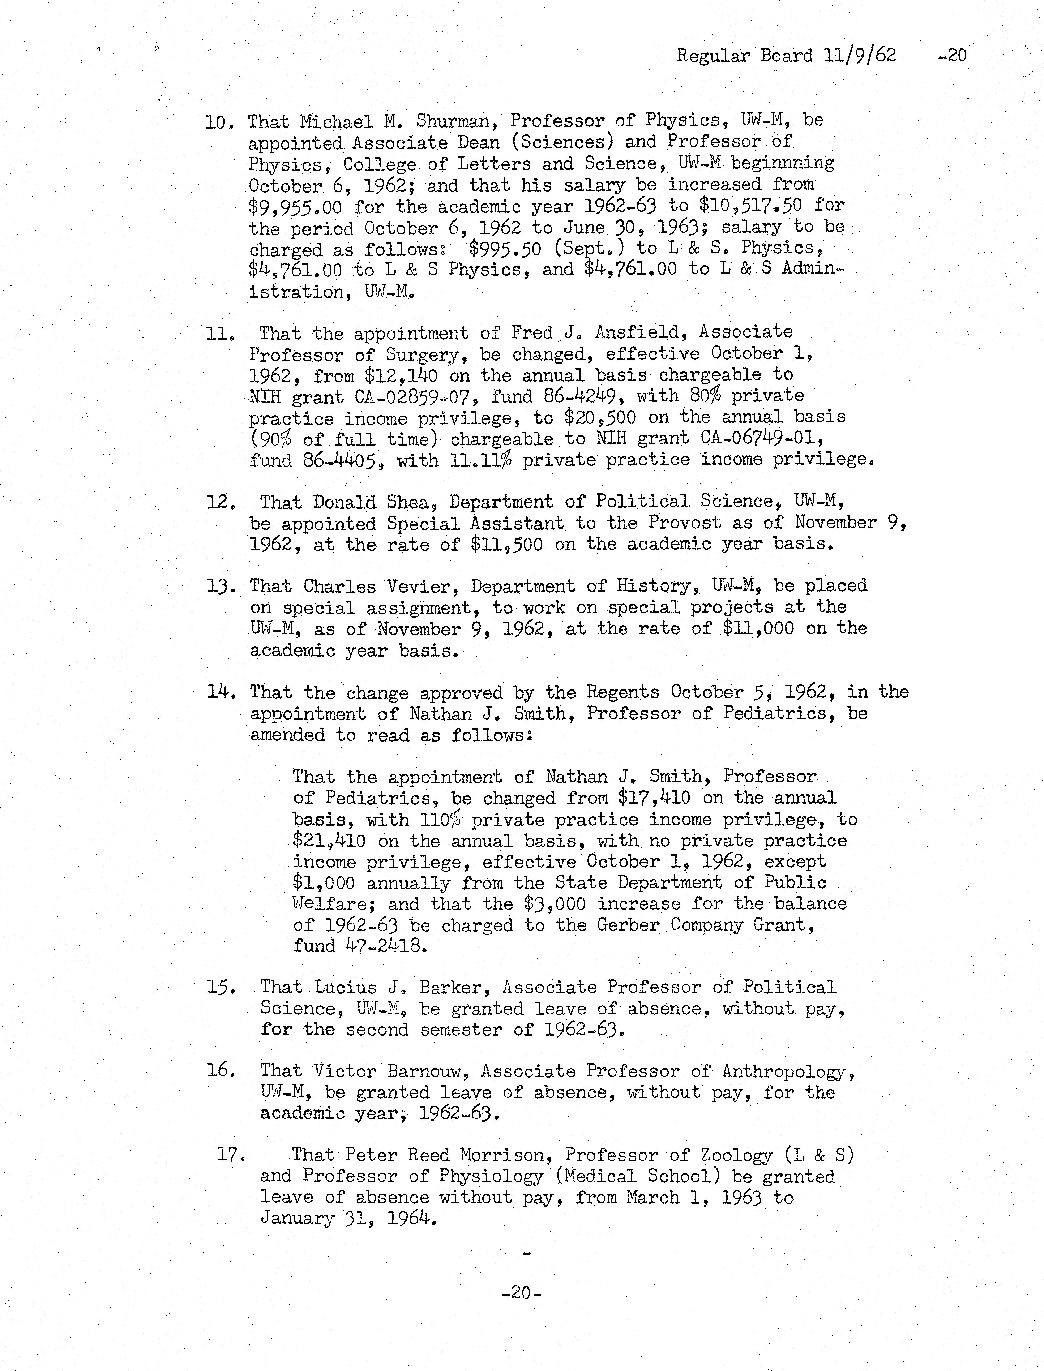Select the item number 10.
point(219,122)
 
